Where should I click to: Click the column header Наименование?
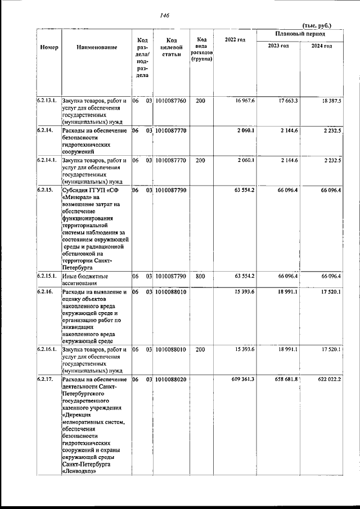pyautogui.click(x=97, y=48)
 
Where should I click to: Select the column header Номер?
pyautogui.click(x=49, y=48)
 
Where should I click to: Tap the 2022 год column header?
pyautogui.click(x=235, y=39)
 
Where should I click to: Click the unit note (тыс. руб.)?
pyautogui.click(x=317, y=25)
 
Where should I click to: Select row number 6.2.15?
pyautogui.click(x=45, y=191)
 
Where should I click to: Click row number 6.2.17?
pyautogui.click(x=45, y=380)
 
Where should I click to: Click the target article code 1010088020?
pyautogui.click(x=171, y=380)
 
